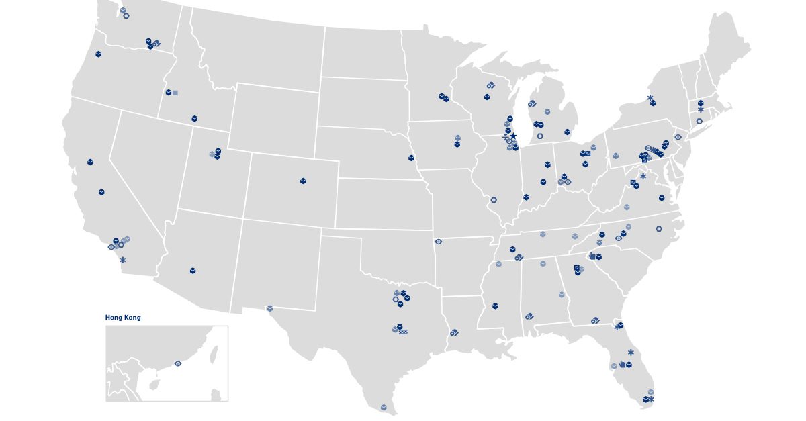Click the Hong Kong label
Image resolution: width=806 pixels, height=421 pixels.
123,318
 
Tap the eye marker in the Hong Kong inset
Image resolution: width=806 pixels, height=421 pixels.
178,363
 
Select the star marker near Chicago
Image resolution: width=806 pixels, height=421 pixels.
513,136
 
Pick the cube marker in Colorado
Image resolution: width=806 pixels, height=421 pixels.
303,181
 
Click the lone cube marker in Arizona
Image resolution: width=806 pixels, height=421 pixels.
193,271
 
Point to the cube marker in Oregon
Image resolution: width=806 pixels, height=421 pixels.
98,54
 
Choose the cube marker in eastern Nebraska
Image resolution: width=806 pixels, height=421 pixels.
411,158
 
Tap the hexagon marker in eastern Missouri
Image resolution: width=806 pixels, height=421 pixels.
494,199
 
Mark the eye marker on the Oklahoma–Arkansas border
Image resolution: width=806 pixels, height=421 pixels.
439,242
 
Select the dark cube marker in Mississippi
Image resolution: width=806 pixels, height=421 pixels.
495,306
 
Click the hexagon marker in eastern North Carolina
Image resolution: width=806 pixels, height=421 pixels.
658,229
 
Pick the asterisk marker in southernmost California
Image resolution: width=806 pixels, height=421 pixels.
123,260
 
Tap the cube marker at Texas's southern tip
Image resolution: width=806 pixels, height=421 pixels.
384,407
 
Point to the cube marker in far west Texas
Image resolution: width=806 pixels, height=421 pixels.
270,308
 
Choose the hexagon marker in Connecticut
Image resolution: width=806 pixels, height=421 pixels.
699,122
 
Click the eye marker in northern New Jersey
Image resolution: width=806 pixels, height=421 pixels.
678,137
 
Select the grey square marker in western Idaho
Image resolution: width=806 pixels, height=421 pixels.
175,93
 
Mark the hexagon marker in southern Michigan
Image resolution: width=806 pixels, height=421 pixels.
540,136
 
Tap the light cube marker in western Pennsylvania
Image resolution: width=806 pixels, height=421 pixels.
615,156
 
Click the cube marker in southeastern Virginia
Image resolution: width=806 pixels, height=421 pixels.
662,198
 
